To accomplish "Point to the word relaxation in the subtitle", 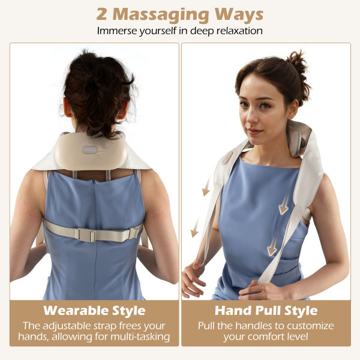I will point(231,31).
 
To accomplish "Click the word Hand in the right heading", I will point(232,311).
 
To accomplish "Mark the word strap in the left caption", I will point(115,325).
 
